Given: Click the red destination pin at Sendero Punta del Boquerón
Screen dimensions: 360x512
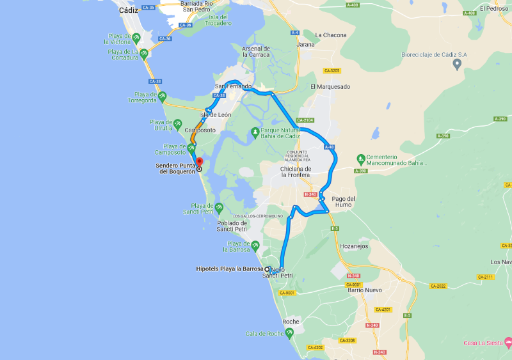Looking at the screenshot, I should [x=198, y=162].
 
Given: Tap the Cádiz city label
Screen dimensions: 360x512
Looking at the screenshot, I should [x=129, y=10].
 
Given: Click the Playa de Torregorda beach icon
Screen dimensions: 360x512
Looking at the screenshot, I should [x=163, y=97].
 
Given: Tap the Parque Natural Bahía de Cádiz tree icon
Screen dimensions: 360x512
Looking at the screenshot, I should [x=255, y=134].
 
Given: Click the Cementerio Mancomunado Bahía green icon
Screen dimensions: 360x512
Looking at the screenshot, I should [x=361, y=157].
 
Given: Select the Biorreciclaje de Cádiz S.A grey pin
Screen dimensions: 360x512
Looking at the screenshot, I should [x=457, y=64].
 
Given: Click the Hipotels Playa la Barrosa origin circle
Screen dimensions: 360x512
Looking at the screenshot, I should [x=268, y=269].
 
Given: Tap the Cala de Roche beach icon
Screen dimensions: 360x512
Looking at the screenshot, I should [x=290, y=333].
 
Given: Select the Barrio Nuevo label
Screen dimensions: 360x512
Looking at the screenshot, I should [x=364, y=290].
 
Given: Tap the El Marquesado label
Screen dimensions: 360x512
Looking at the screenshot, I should [x=330, y=86].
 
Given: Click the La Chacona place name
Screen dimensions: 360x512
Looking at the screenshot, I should [x=331, y=35].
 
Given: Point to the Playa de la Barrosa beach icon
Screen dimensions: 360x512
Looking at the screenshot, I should [x=255, y=245].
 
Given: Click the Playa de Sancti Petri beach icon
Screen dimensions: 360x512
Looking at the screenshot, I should [x=220, y=207].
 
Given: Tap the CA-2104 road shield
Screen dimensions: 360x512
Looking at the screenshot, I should [x=305, y=120].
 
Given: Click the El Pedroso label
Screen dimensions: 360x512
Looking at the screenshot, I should [x=493, y=9].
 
